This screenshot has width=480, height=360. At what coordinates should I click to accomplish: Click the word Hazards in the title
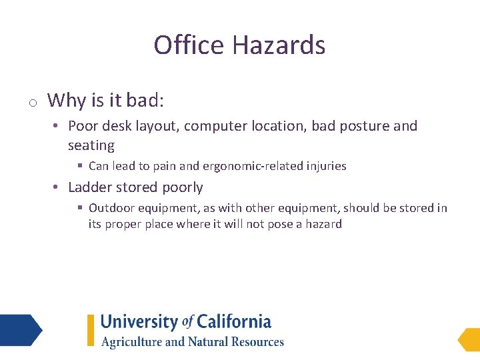[279, 45]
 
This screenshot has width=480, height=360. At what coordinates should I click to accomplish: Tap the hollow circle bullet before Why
[31, 102]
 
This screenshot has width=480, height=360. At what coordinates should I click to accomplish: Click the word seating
[91, 145]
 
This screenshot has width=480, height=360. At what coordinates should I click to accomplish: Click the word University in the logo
[139, 323]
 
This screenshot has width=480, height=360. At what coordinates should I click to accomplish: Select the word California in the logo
[234, 323]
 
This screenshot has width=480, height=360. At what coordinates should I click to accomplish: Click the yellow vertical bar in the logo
[91, 330]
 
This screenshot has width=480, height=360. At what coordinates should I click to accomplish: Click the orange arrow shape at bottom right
[469, 339]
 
